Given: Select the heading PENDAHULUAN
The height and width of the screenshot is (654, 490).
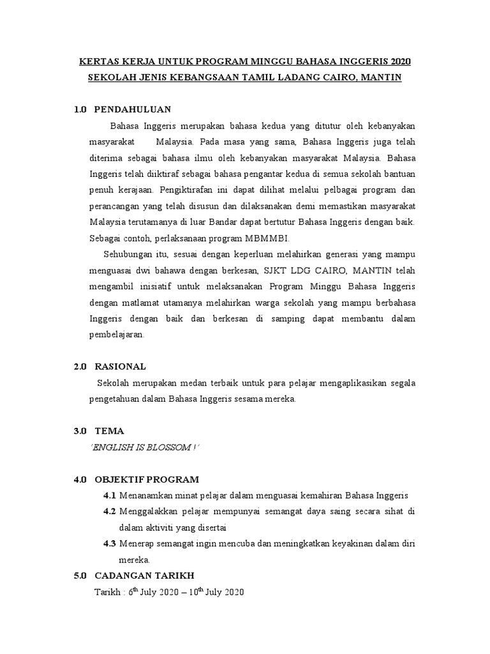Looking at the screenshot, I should click(133, 109).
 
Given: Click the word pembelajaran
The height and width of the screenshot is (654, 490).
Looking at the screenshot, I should click(117, 335).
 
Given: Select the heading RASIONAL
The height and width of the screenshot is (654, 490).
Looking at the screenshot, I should click(120, 367).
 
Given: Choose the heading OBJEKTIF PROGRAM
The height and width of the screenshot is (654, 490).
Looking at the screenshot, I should click(147, 479).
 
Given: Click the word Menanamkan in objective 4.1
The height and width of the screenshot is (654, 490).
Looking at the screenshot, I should click(150, 496).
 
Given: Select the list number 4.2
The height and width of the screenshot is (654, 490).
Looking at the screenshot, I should click(110, 512).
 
